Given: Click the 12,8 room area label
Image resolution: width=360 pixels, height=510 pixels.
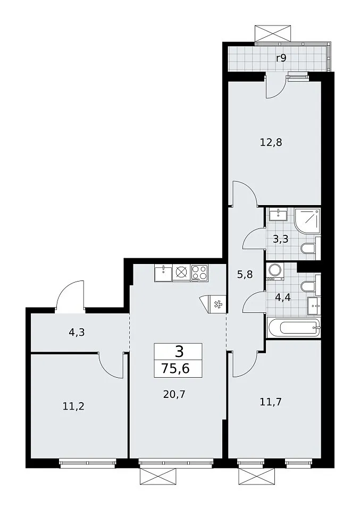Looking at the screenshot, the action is pyautogui.click(x=271, y=142).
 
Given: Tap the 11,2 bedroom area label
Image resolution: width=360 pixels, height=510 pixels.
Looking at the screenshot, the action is pyautogui.click(x=73, y=406).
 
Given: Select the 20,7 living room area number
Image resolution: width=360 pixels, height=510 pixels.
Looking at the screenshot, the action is pyautogui.click(x=174, y=395).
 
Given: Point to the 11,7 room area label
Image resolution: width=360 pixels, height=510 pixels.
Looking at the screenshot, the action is pyautogui.click(x=271, y=402).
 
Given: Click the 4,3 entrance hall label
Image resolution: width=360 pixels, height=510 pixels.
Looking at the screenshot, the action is pyautogui.click(x=77, y=333).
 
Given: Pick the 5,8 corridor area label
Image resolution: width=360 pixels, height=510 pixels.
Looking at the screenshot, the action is pyautogui.click(x=245, y=275).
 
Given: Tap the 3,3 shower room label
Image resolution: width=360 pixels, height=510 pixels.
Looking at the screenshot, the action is pyautogui.click(x=281, y=240).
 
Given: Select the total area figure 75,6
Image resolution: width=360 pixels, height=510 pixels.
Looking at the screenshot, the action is pyautogui.click(x=176, y=369).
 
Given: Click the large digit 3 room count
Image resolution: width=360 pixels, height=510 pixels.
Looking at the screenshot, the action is pyautogui.click(x=179, y=352).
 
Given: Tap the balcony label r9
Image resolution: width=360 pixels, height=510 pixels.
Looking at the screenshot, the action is pyautogui.click(x=281, y=58).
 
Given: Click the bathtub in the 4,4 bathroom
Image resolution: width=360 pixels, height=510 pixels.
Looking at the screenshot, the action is pyautogui.click(x=294, y=328).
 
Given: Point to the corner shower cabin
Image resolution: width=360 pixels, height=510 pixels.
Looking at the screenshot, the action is pyautogui.click(x=307, y=221).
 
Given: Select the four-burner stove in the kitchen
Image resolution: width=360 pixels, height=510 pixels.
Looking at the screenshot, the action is pyautogui.click(x=199, y=273).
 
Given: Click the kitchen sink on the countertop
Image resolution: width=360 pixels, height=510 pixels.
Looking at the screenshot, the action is pyautogui.click(x=163, y=273).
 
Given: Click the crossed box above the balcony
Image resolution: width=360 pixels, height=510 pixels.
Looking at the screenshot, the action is pyautogui.click(x=272, y=32).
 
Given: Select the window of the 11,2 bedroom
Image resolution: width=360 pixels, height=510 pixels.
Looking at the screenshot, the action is pyautogui.click(x=88, y=463).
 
